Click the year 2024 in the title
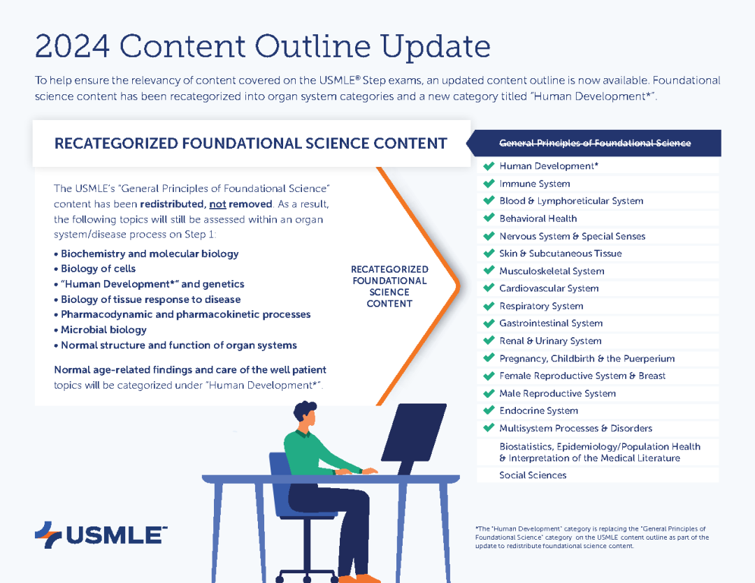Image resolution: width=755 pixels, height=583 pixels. (x=72, y=46)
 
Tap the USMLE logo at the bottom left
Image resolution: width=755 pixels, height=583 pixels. (x=101, y=535)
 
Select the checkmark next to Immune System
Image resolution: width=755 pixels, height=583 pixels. (x=489, y=183)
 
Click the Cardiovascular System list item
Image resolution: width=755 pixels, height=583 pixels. (x=549, y=288)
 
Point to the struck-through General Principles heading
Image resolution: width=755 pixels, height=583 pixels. (x=595, y=143)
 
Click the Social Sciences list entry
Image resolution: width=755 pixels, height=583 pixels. (x=533, y=475)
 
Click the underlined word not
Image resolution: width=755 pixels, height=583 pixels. (x=217, y=204)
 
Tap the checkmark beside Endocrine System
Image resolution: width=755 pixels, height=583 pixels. (x=489, y=411)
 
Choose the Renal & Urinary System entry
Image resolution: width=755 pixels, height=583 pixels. (x=550, y=341)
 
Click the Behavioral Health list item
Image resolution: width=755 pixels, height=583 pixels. (x=538, y=219)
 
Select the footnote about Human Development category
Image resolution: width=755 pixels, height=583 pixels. (x=592, y=538)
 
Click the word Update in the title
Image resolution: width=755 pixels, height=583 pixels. (x=435, y=47)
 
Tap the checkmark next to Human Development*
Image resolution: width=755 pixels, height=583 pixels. (x=489, y=166)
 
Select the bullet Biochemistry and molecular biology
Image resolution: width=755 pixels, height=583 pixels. (x=146, y=253)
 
